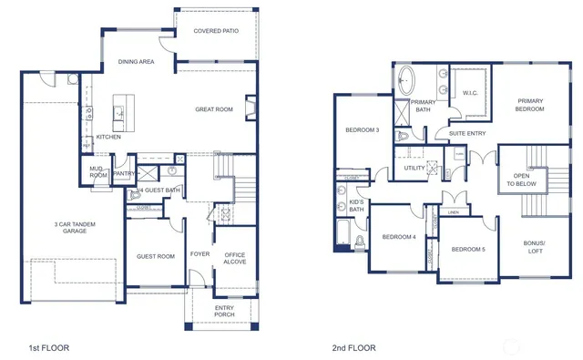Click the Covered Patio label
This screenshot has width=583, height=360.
tap(216, 31)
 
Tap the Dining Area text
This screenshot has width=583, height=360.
tap(136, 62)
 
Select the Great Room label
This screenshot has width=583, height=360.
tap(214, 109)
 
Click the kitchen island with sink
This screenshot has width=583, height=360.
tap(118, 113)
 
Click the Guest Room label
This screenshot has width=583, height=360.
tap(156, 256)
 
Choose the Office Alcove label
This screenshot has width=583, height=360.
tap(235, 258)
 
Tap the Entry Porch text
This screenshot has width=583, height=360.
tap(224, 311)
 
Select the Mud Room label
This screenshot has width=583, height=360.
tap(97, 171)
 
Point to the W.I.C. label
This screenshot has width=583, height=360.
tap(470, 92)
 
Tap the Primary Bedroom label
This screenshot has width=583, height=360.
tap(530, 105)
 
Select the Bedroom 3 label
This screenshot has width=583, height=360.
tap(362, 130)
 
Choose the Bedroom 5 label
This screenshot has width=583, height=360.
tap(468, 249)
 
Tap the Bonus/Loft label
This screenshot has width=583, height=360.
tap(533, 247)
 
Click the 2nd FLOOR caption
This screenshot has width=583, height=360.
tap(353, 347)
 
